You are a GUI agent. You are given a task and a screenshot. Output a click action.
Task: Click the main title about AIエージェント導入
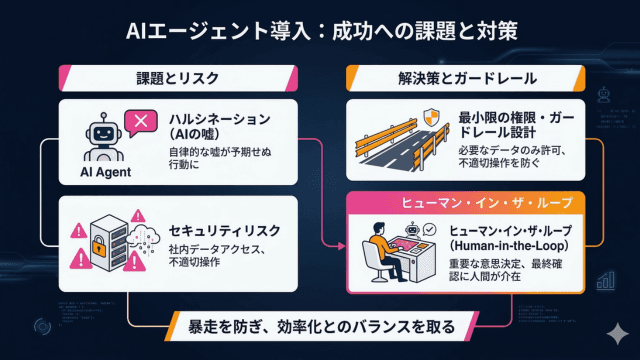point(322,31)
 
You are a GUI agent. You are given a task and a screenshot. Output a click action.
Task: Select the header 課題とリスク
point(178,78)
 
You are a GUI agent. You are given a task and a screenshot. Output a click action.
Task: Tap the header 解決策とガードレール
point(467,78)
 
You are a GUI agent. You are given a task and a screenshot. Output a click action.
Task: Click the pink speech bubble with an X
point(141,122)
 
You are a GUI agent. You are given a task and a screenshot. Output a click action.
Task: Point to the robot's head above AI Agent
point(104,132)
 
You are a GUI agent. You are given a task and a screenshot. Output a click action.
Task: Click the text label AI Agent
point(106,172)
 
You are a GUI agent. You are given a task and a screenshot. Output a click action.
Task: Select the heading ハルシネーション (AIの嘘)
point(220,127)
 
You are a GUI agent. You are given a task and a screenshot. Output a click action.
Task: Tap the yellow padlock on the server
point(98,246)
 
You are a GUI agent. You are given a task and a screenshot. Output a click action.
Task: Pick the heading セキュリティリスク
point(225,231)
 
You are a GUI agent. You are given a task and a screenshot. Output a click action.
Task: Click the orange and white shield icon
point(431,118)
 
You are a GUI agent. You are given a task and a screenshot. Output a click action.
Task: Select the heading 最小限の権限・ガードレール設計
point(516,124)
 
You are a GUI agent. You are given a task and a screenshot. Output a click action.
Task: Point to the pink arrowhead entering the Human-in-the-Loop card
point(342,246)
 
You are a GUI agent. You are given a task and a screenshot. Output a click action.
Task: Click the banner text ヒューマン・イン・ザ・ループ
point(487,203)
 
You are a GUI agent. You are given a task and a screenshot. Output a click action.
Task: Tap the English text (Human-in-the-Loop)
point(509,246)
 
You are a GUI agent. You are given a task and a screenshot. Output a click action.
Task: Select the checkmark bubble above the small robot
point(429,230)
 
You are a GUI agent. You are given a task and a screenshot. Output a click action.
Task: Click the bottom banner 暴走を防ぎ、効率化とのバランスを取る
point(321,327)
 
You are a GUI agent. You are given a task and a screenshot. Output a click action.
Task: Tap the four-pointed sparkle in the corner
point(618,333)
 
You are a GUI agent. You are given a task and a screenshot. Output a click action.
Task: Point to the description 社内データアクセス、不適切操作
point(217,256)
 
